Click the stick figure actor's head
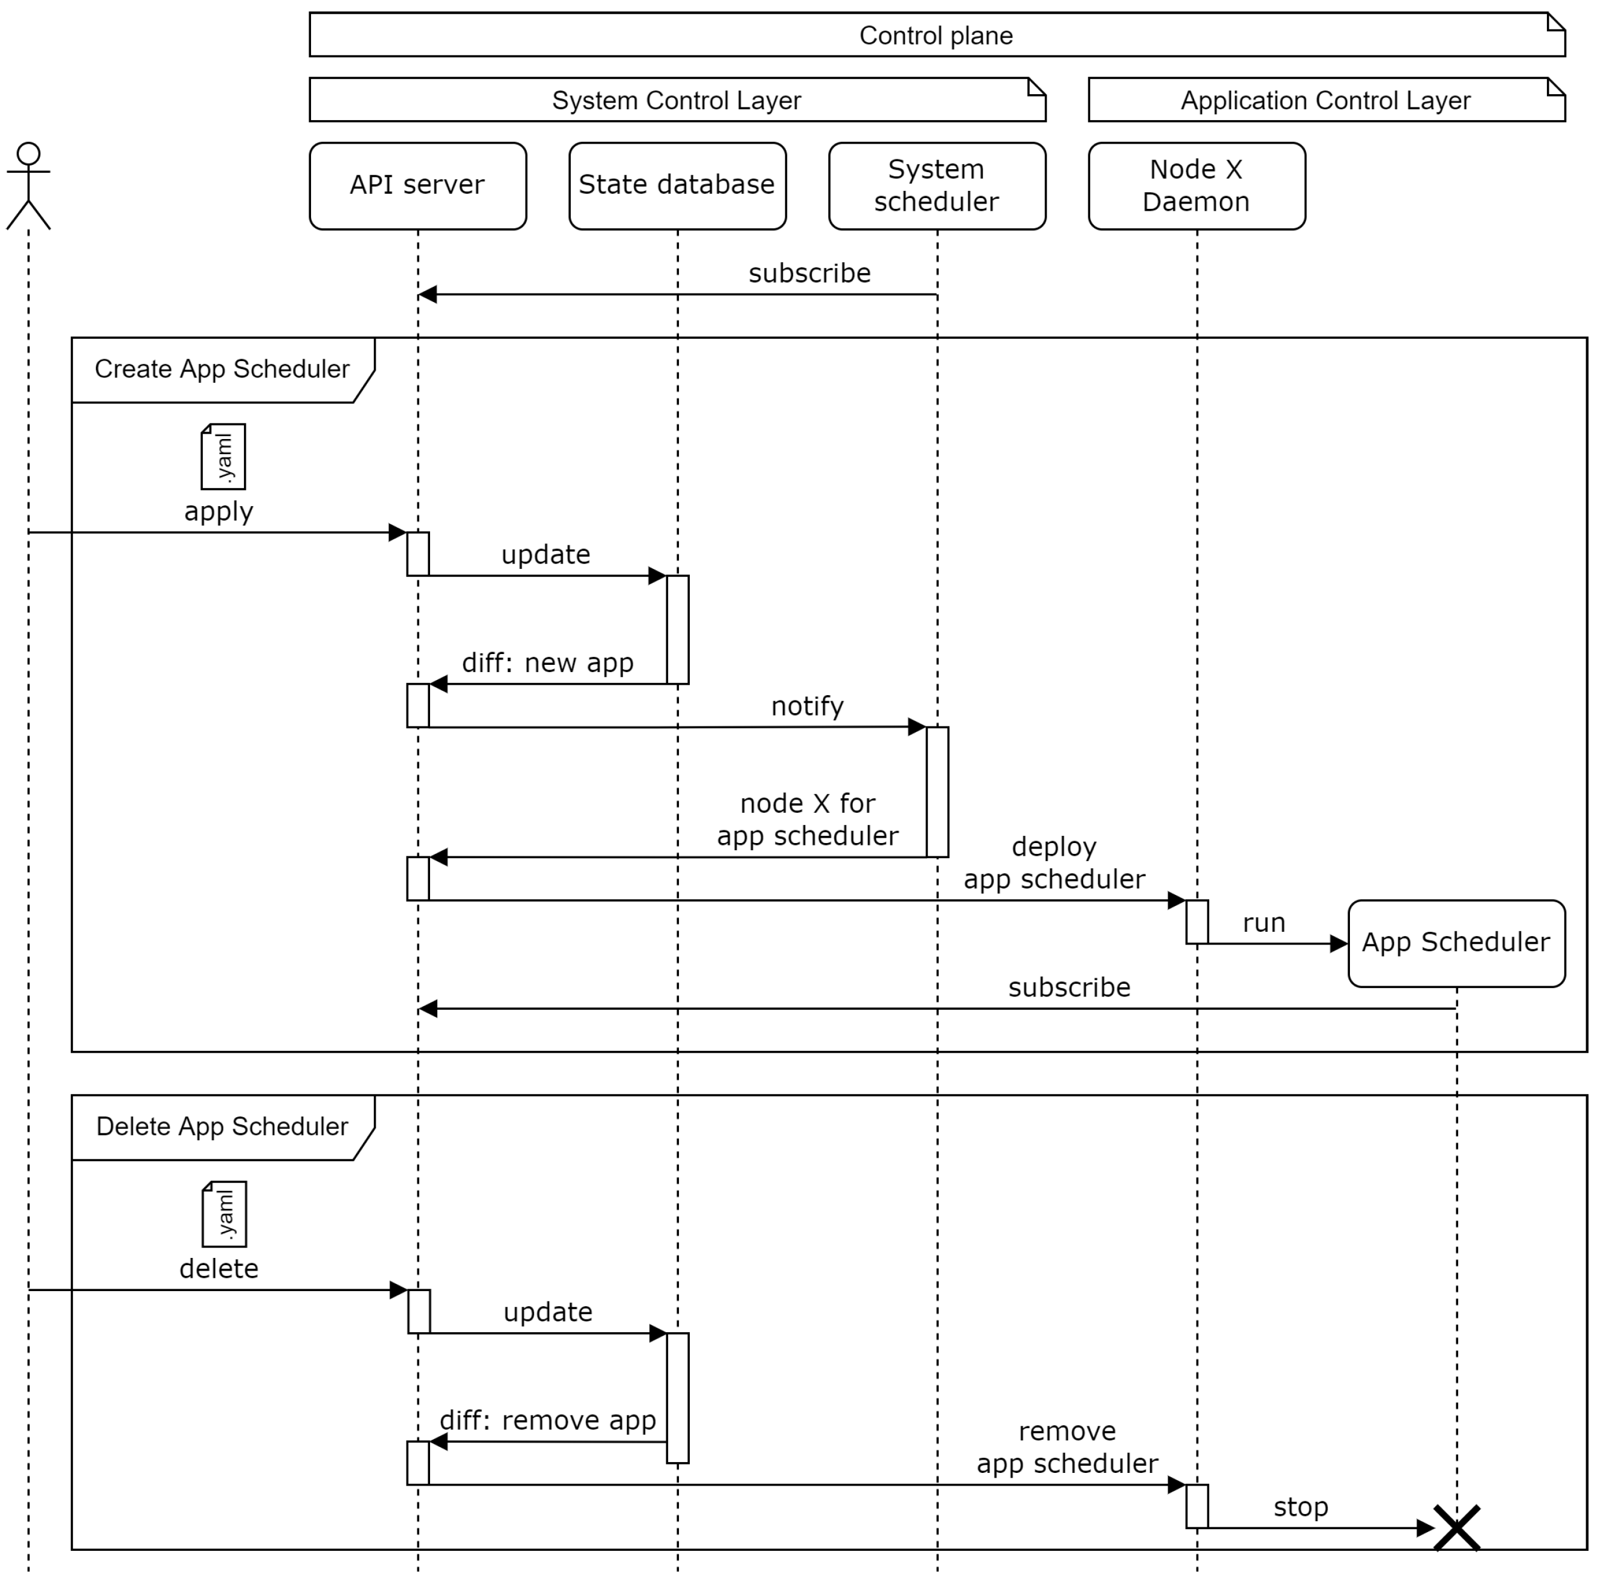[28, 153]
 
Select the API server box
[417, 185]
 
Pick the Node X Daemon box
[1196, 185]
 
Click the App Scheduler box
[1455, 943]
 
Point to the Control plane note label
[936, 36]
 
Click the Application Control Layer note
[1325, 100]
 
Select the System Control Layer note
[676, 100]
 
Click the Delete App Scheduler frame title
[222, 1126]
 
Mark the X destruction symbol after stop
[1456, 1528]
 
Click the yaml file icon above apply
[223, 457]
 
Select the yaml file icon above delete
[225, 1213]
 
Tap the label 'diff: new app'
[547, 662]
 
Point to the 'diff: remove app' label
[547, 1420]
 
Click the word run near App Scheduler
[1263, 923]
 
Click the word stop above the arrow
[1300, 1507]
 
